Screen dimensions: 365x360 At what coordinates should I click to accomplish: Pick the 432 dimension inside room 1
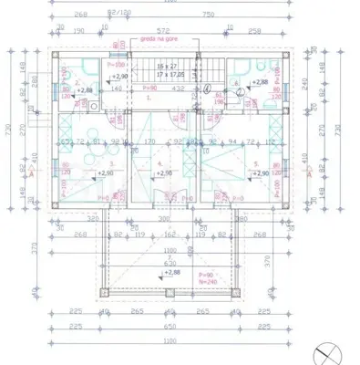[x=180, y=89]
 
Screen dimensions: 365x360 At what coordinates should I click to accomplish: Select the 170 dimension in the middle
[x=149, y=142]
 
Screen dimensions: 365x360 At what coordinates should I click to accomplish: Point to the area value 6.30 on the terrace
[x=170, y=264]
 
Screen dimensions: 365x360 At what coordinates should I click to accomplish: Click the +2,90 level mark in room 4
[x=164, y=172]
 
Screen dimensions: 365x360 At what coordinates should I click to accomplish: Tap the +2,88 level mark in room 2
[x=84, y=91]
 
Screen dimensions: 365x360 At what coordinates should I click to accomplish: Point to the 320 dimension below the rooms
[x=93, y=220]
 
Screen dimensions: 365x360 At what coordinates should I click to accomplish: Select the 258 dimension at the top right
[x=255, y=30]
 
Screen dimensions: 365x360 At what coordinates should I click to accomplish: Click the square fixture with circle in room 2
[x=94, y=106]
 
